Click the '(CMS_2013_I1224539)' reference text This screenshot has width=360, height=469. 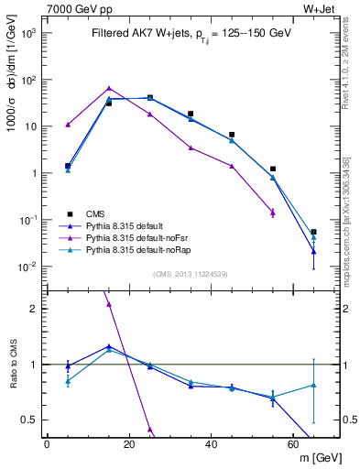click(191, 273)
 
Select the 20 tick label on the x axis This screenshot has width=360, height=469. click(129, 444)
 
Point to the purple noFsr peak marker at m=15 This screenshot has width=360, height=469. click(109, 89)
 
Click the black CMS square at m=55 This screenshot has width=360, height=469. click(273, 169)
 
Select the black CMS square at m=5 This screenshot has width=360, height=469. click(68, 166)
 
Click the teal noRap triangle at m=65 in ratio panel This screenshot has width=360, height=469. click(313, 386)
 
